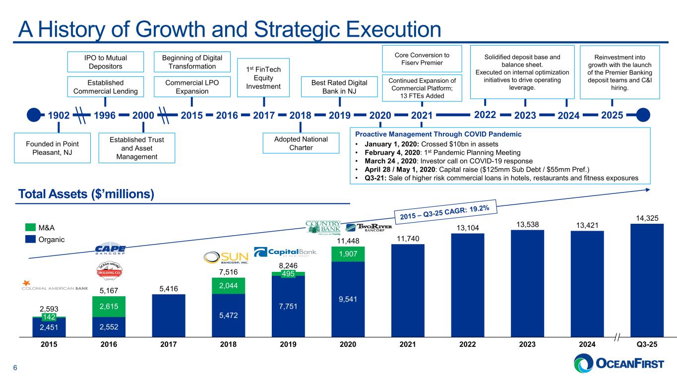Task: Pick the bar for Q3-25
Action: (x=646, y=280)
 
